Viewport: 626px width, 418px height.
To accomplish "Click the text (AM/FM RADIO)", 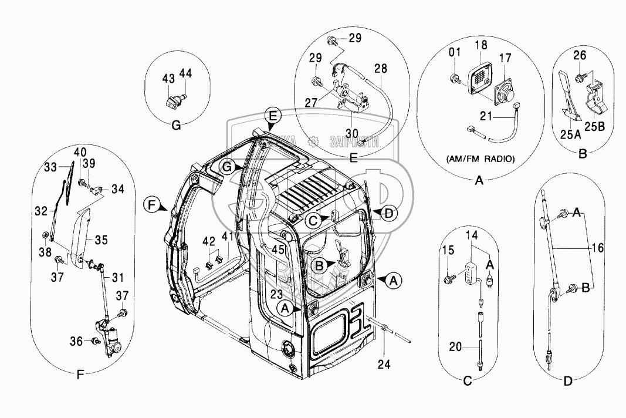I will (x=479, y=159).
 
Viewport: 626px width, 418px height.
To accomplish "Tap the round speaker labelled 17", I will (x=504, y=92).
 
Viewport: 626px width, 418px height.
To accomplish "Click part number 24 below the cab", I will (x=384, y=363).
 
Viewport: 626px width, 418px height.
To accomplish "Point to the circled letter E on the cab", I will (x=271, y=114).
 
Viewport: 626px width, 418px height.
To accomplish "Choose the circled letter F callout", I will (x=153, y=205).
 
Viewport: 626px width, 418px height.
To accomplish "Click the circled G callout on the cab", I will (x=228, y=167).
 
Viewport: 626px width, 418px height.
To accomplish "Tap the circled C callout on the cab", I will (x=313, y=220).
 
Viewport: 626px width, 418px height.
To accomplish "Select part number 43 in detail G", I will (x=168, y=79).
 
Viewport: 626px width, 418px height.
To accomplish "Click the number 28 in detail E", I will (x=380, y=69).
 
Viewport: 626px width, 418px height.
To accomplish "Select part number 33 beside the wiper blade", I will (x=52, y=166).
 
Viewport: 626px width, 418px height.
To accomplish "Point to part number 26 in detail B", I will (x=579, y=56).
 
